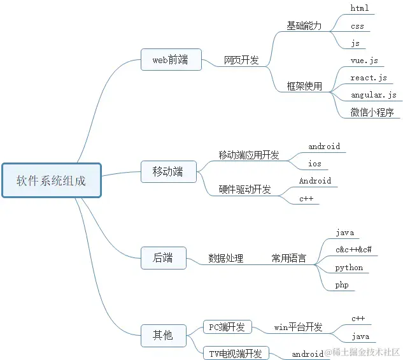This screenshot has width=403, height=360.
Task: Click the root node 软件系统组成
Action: tap(51, 180)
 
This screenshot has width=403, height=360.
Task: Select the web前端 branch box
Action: tap(170, 60)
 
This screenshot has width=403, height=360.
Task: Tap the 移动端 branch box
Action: tap(167, 171)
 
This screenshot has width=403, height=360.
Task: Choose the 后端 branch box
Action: tap(163, 258)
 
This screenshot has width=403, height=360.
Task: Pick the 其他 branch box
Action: tap(163, 335)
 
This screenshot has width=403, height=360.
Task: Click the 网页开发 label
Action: tap(241, 60)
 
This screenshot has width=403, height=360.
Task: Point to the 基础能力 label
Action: tap(304, 26)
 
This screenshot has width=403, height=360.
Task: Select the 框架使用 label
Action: tap(304, 86)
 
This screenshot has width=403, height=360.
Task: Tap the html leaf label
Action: tap(360, 9)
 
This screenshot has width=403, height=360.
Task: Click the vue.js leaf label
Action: tap(364, 61)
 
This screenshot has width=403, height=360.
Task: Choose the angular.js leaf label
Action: tap(374, 95)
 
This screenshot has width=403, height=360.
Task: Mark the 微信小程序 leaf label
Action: tap(372, 112)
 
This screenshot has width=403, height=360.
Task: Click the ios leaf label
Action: tap(315, 164)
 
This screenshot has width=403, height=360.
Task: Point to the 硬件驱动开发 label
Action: tap(244, 189)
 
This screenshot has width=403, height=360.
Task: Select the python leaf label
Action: tap(349, 268)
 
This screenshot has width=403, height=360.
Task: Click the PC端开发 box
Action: tap(227, 327)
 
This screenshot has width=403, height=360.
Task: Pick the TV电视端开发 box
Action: tap(236, 353)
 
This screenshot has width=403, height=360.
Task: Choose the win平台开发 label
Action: tap(298, 327)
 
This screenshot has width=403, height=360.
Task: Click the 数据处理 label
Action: tap(225, 258)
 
